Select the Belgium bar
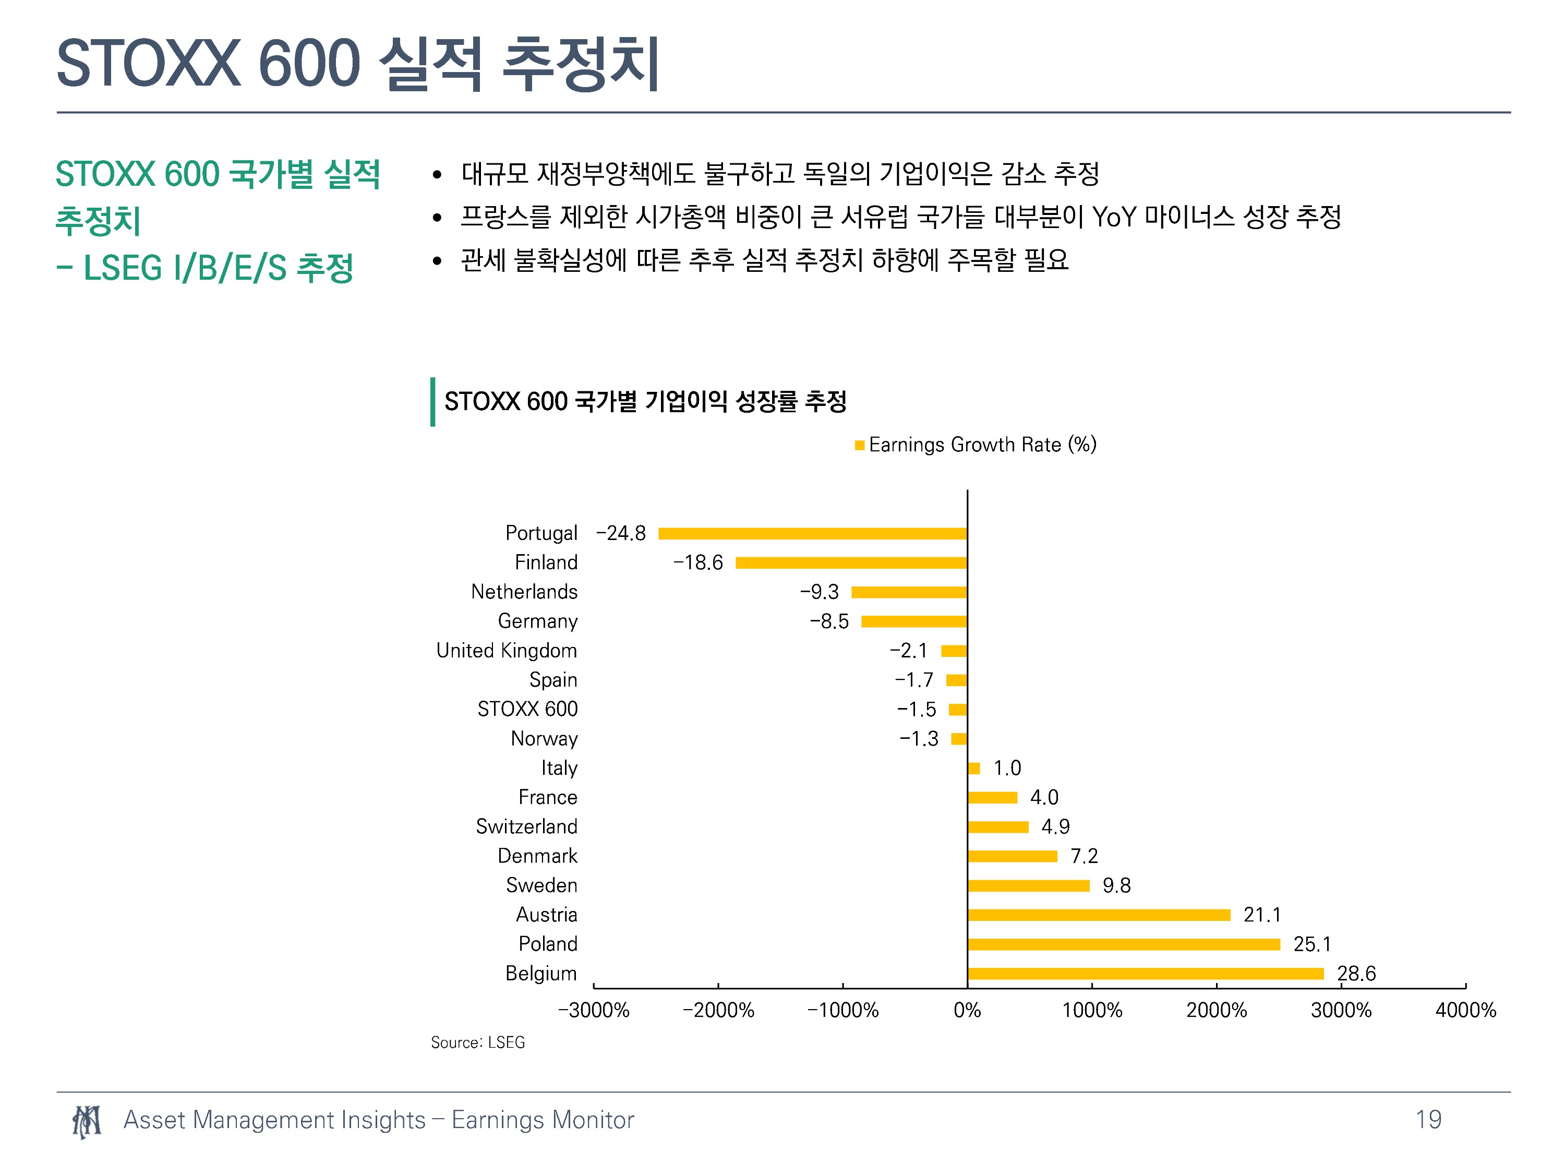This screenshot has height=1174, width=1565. tap(1146, 974)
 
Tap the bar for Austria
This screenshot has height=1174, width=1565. tap(1099, 915)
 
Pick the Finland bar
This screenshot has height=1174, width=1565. tap(851, 562)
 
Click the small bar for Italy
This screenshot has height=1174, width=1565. tap(973, 769)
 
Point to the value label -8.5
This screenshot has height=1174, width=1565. tap(829, 621)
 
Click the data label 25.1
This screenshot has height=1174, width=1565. tap(1311, 944)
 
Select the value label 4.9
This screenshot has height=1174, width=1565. tap(1056, 826)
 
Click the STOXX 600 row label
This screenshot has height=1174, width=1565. tap(528, 709)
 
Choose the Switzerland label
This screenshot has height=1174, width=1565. tap(526, 826)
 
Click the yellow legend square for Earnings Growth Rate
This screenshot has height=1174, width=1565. tap(860, 445)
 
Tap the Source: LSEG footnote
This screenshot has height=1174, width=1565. tap(477, 1043)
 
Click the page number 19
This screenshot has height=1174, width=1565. tap(1428, 1120)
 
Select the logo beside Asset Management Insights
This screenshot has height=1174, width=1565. tap(86, 1121)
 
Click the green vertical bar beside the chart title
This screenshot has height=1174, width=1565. tap(432, 401)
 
